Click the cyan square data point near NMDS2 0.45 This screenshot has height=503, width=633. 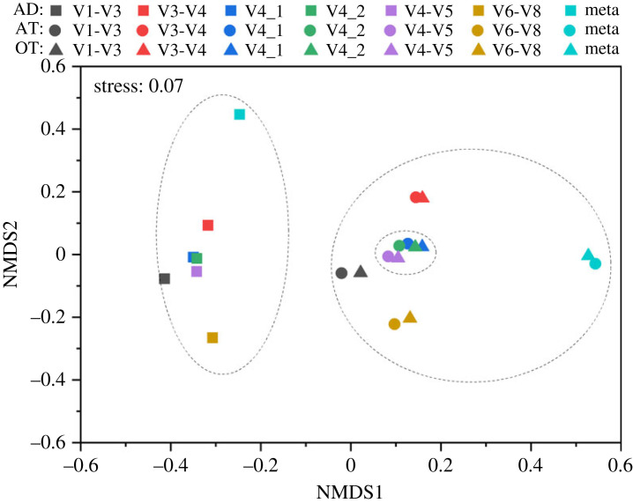pyautogui.click(x=239, y=115)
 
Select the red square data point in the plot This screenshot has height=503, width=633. pyautogui.click(x=208, y=226)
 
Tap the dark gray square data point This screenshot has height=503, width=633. pyautogui.click(x=164, y=279)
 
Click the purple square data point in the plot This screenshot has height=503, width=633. pyautogui.click(x=197, y=271)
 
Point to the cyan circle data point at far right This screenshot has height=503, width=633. pyautogui.click(x=595, y=263)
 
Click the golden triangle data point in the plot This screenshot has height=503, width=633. pyautogui.click(x=410, y=317)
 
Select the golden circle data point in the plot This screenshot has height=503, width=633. pyautogui.click(x=394, y=324)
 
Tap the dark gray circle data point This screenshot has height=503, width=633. pyautogui.click(x=341, y=273)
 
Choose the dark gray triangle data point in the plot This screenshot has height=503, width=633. pyautogui.click(x=361, y=271)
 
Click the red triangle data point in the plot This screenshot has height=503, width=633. pyautogui.click(x=424, y=197)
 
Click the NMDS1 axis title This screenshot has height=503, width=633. pyautogui.click(x=350, y=486)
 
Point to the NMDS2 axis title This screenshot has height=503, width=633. pyautogui.click(x=15, y=254)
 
